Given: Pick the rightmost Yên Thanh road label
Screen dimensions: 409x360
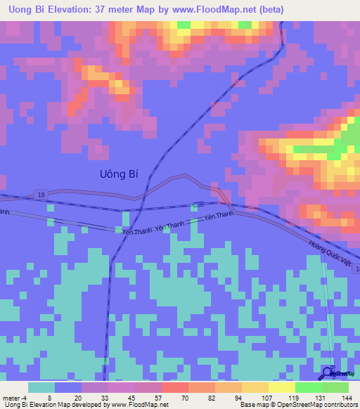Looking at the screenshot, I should click(218, 217).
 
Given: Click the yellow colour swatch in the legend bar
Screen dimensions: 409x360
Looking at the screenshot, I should click(282, 387).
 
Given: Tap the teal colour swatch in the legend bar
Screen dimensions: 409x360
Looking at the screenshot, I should click(41, 387).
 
